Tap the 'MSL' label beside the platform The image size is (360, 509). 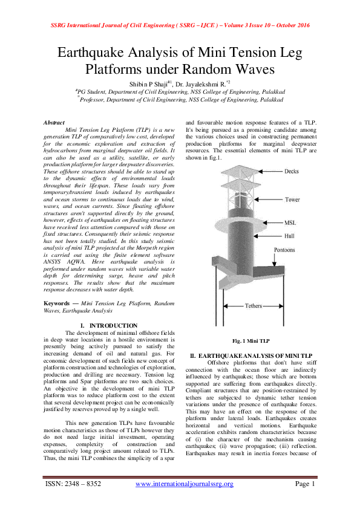tap(291, 222)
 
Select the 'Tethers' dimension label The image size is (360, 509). tap(253, 306)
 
